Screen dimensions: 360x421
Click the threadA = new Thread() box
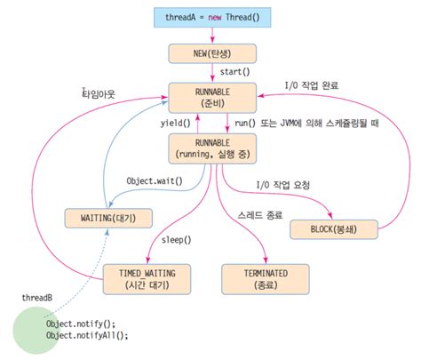click(210, 16)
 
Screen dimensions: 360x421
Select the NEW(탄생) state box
click(210, 52)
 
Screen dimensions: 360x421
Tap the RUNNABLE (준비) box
click(210, 96)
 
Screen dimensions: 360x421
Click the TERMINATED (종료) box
click(264, 276)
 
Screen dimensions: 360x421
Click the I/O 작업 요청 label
click(286, 184)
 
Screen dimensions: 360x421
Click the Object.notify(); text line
click(81, 324)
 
